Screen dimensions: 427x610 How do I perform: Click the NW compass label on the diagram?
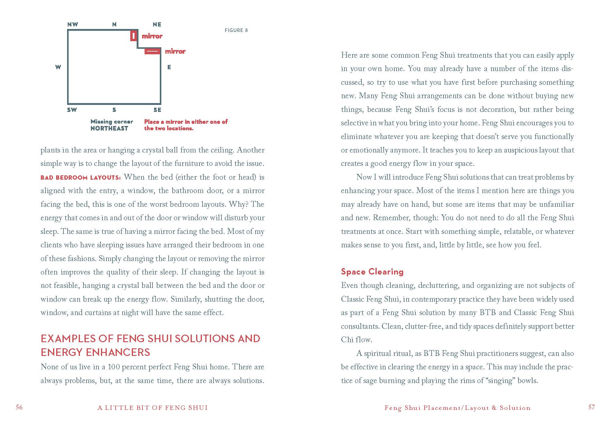coord(73,25)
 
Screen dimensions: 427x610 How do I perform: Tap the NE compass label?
coord(157,25)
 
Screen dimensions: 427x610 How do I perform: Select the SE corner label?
coord(157,110)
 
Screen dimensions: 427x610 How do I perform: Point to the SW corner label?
coord(72,110)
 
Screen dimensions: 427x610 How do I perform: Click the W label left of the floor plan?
coord(58,67)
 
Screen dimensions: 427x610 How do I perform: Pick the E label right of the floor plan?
coord(169,67)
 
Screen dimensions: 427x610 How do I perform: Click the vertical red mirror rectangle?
coord(133,36)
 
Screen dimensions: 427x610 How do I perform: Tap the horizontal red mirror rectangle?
coord(152,51)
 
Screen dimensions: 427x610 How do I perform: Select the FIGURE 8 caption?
coord(236,30)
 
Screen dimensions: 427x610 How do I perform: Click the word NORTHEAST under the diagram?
coord(109,128)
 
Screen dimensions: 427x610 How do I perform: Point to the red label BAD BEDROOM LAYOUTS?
coord(81,178)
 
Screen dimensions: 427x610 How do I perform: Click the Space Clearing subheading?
coord(372,271)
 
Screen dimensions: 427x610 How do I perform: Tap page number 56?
coord(19,407)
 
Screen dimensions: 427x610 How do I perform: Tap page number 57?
coord(591,407)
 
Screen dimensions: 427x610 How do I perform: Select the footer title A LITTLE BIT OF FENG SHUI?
coord(152,408)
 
